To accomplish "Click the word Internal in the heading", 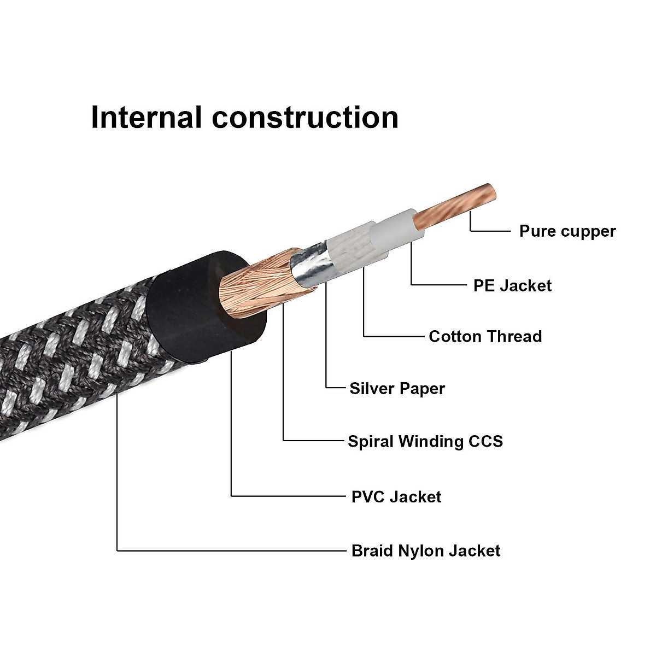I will [x=146, y=118].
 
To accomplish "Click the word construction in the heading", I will [x=306, y=118].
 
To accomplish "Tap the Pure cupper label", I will [x=567, y=231].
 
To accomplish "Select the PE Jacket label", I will [x=512, y=285].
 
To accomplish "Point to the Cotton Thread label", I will [x=485, y=336].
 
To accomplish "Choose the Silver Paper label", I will [x=397, y=389].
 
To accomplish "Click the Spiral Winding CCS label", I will [x=425, y=441].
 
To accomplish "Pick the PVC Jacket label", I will [x=396, y=497].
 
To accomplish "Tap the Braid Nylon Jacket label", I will [x=425, y=550].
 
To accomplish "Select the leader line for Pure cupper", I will [x=489, y=231].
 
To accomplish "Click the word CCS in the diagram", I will [x=485, y=441].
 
